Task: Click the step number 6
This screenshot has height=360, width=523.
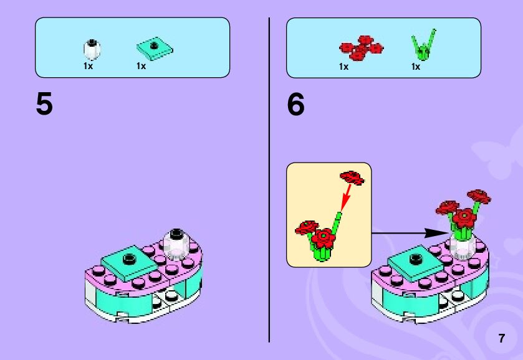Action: [296, 105]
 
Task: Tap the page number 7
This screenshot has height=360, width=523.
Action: [501, 339]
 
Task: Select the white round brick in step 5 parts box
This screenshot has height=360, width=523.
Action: [92, 49]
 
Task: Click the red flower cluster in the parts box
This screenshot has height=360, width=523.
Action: [361, 48]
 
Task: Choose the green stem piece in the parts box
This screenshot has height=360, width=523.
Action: [422, 45]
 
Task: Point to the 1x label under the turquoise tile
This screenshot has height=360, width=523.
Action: [142, 67]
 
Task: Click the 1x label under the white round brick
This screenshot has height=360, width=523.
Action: [88, 67]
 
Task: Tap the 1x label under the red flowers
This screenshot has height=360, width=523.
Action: [343, 67]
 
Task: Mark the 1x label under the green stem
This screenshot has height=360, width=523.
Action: [416, 67]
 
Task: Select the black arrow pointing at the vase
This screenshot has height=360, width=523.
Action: [405, 233]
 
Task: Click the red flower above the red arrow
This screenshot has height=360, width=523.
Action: [352, 177]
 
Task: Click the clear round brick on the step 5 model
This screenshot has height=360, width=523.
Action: [176, 243]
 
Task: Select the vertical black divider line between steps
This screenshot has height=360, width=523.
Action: [269, 181]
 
